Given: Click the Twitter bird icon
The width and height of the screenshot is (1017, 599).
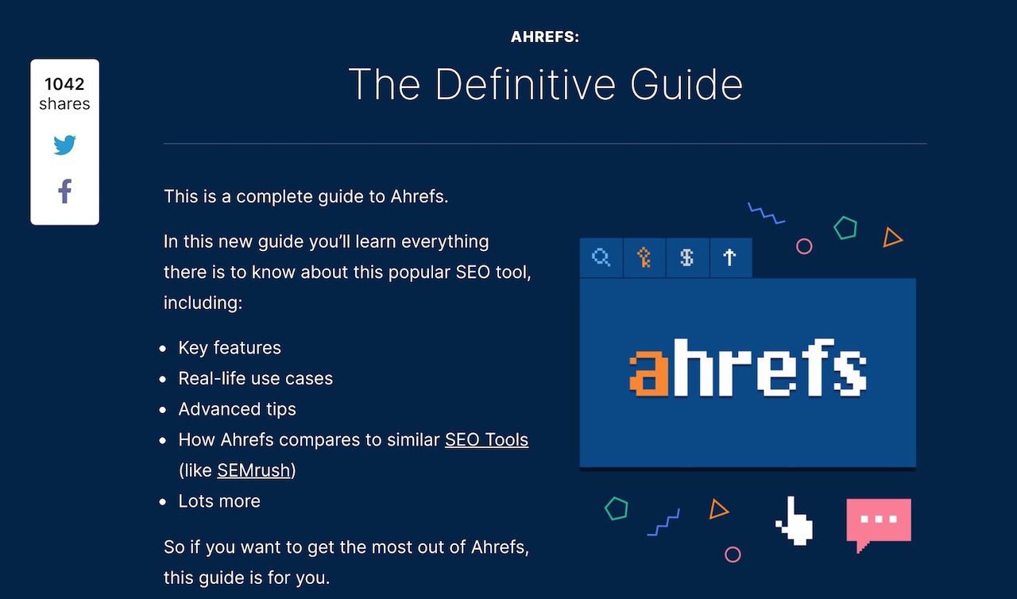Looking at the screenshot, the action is [64, 145].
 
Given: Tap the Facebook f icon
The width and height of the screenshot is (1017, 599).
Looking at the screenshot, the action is [65, 191].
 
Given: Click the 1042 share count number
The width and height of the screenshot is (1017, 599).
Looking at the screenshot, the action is [64, 84].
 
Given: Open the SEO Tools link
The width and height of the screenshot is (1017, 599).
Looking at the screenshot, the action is [486, 440].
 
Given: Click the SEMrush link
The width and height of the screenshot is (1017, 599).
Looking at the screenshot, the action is [253, 470].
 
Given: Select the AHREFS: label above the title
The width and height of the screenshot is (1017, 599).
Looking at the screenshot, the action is [545, 37].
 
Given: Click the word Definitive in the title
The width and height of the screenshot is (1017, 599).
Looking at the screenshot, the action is [525, 84].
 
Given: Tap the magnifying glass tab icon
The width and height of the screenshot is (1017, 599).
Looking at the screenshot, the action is [601, 257].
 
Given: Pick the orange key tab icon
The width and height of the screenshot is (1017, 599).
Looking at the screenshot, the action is [644, 257].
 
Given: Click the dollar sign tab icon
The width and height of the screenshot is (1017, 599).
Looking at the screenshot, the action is [687, 257].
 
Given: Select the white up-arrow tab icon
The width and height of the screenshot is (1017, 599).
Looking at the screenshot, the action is [729, 257].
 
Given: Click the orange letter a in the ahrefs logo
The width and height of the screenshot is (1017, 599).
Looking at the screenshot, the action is [649, 373].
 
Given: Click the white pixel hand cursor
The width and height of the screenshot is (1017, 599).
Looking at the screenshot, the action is [795, 521].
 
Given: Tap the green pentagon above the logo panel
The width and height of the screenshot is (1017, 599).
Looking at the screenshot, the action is [845, 228].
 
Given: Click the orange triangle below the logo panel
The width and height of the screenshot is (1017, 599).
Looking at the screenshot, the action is [717, 511].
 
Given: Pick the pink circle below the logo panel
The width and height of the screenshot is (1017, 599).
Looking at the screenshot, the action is [733, 554].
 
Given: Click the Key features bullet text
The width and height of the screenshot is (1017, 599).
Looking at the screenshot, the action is [230, 348].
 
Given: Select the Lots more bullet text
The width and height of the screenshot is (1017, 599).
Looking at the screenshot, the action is [219, 501].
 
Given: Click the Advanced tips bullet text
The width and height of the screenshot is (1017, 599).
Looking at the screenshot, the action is [237, 409].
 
